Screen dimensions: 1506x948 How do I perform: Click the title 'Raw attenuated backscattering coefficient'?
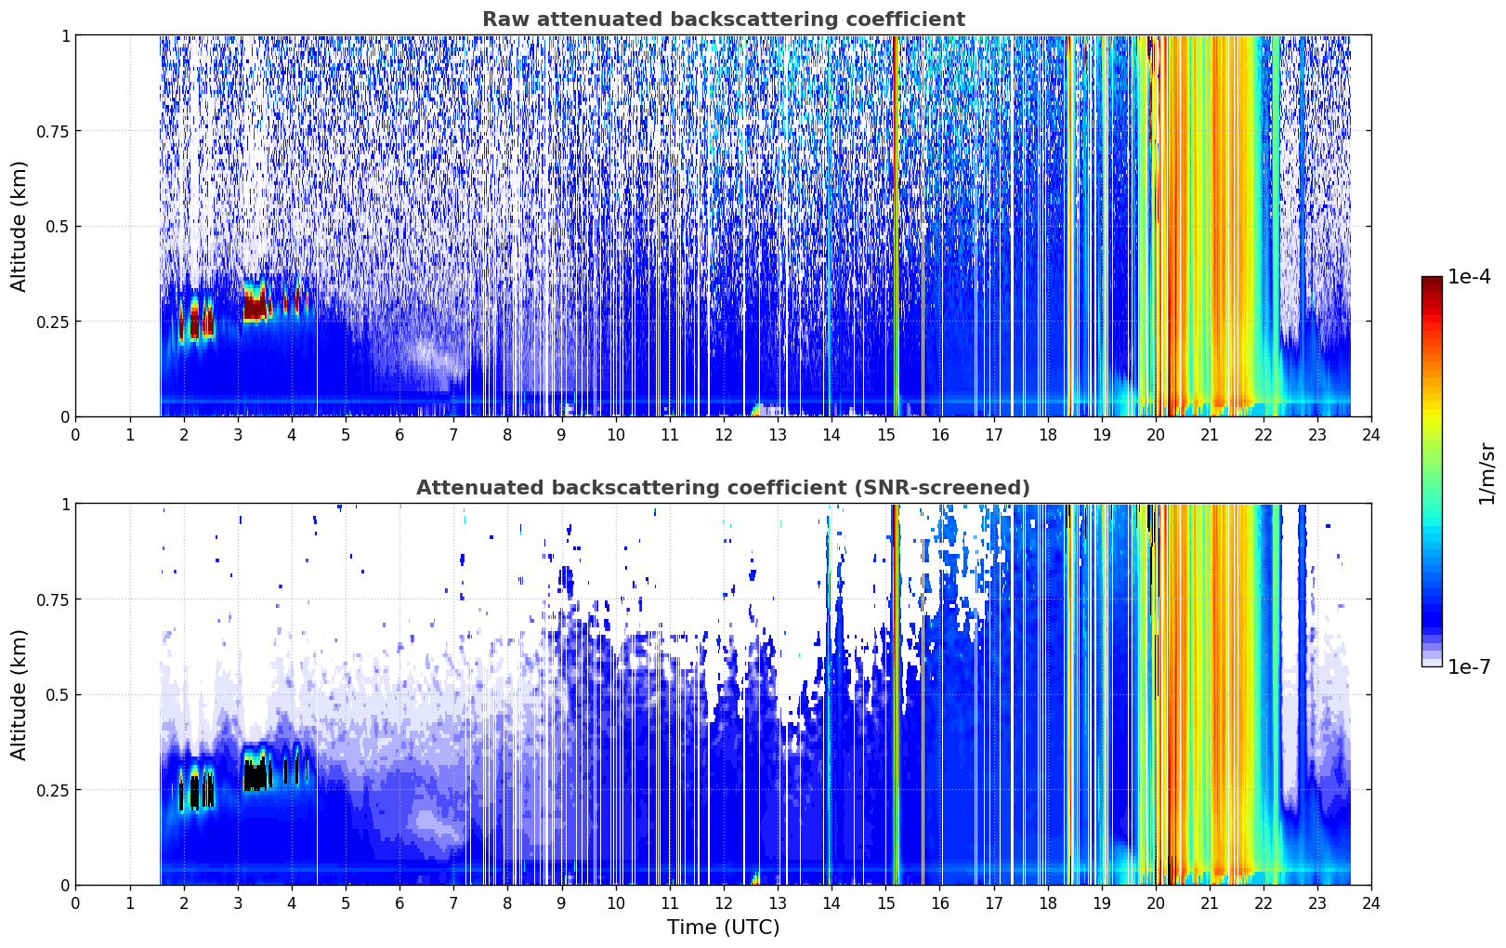tap(724, 19)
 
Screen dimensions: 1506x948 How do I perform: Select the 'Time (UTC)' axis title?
tap(724, 928)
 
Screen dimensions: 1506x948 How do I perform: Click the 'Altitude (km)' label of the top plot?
tap(19, 226)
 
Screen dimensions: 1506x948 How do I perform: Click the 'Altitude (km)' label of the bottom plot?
tap(19, 694)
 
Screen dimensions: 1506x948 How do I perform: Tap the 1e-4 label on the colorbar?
tap(1469, 276)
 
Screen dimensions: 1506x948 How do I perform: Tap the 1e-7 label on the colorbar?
tap(1469, 667)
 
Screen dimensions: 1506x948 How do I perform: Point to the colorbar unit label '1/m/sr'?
tap(1486, 473)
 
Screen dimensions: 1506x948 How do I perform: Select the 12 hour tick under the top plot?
tap(724, 434)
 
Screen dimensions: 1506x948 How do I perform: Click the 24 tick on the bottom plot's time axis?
tap(1371, 903)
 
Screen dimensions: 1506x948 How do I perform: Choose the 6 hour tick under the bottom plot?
tap(399, 903)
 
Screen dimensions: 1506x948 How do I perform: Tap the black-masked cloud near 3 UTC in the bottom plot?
tap(255, 774)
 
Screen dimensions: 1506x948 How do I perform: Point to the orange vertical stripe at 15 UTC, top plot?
tap(896, 226)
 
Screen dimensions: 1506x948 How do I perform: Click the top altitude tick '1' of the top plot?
tap(65, 35)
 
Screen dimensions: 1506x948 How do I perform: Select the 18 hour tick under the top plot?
tap(1047, 434)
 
